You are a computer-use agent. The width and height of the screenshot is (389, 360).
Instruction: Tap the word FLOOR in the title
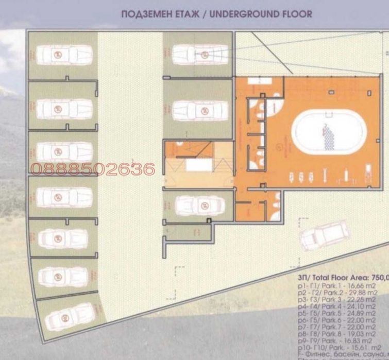[x=295, y=14]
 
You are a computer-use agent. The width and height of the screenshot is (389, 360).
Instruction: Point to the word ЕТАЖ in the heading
[x=184, y=14]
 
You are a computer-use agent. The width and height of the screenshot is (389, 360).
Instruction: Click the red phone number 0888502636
[x=93, y=168]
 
